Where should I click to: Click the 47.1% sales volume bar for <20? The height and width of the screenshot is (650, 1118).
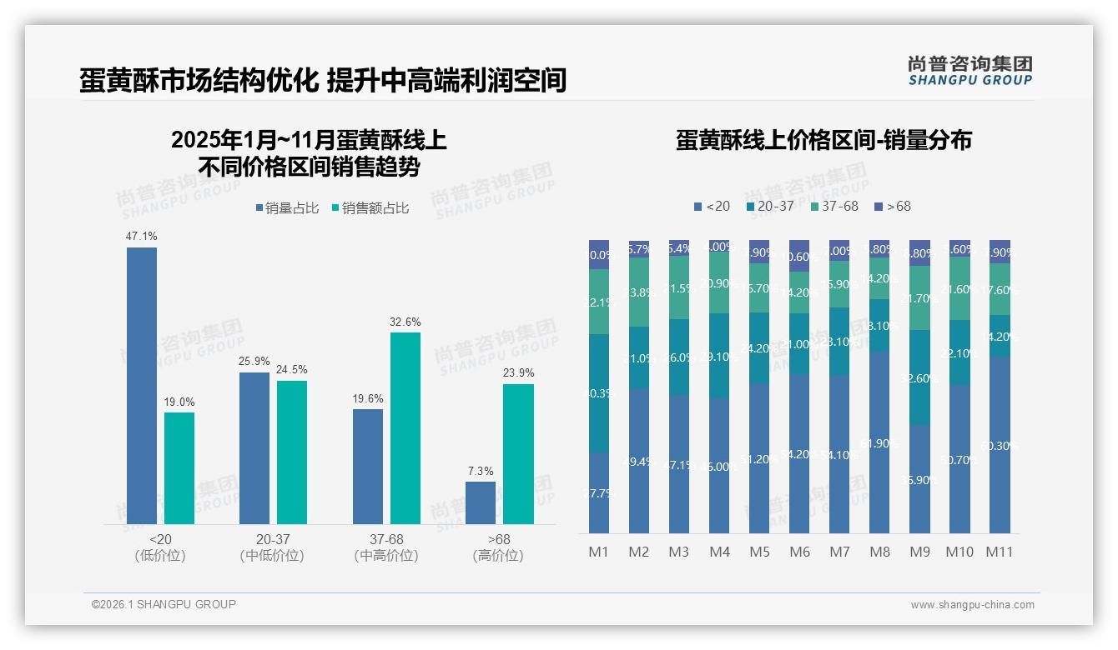coord(142,385)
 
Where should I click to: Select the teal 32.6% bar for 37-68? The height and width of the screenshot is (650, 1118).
coord(405,427)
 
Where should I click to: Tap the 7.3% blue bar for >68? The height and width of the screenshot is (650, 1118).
coord(481,502)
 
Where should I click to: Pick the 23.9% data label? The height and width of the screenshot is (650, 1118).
coord(518,372)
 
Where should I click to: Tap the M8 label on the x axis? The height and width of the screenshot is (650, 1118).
coord(879,552)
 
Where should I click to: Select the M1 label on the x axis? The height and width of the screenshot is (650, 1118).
coord(599,552)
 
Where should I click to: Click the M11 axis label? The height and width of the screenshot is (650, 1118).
coord(999,552)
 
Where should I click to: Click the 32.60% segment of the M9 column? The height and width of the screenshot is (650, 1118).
coord(919,377)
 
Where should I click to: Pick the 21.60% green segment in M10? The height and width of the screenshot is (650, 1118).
coord(959,288)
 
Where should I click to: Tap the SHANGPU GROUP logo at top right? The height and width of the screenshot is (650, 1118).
coord(969,71)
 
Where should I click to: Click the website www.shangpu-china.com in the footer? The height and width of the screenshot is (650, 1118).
coord(972,605)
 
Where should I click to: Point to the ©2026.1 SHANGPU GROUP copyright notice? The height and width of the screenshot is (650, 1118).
coord(164,604)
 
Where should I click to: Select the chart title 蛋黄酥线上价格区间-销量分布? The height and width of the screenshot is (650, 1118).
coord(823,140)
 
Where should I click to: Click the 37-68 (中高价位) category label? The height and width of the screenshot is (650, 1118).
coord(386,547)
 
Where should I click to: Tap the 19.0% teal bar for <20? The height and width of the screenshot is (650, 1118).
coord(179,467)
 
